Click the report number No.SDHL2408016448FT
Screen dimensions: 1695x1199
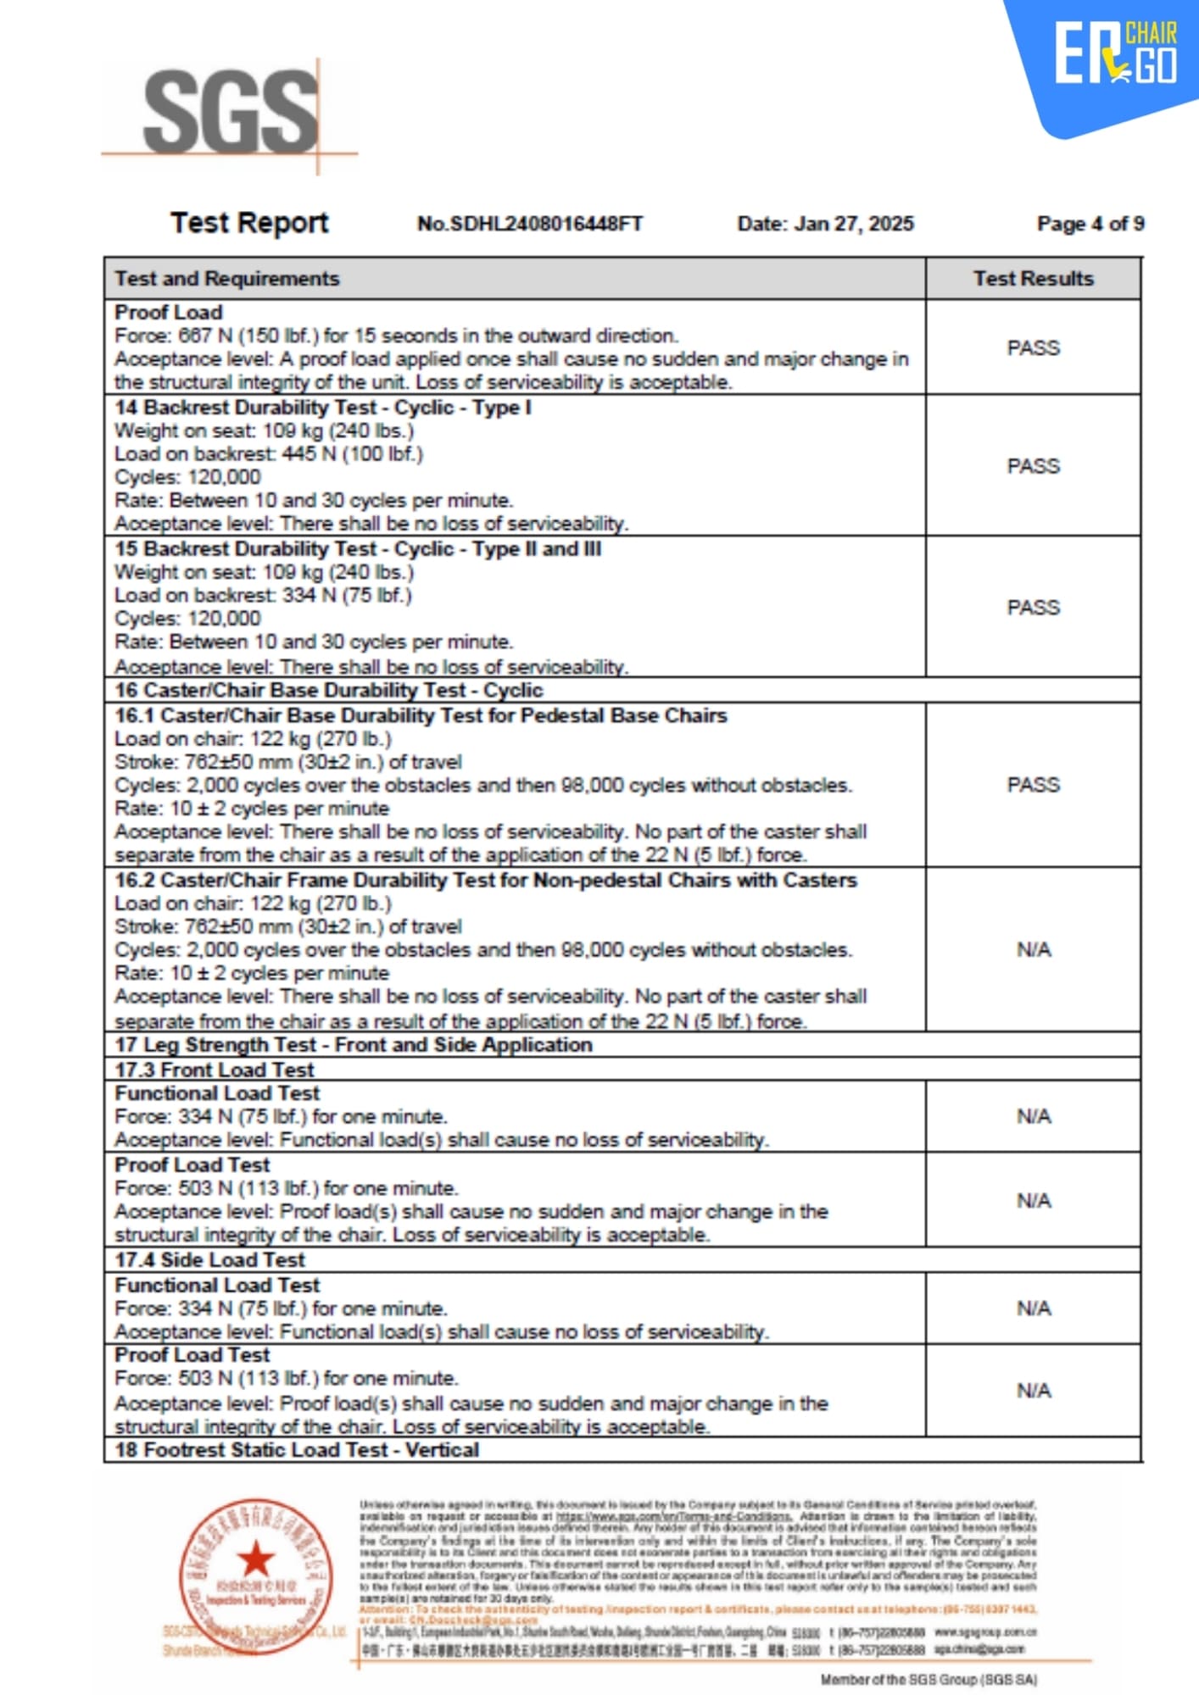(x=530, y=224)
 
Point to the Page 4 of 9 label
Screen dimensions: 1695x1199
(x=1090, y=224)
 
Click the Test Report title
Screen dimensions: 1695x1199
(x=248, y=222)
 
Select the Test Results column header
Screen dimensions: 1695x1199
(x=1033, y=279)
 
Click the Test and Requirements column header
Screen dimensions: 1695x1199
(x=227, y=279)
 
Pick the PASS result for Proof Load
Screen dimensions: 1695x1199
(x=1033, y=348)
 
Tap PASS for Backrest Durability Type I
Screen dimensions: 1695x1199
(x=1033, y=466)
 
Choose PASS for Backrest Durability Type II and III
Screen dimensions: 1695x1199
(x=1033, y=608)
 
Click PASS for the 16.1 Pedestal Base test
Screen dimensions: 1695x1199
(x=1033, y=785)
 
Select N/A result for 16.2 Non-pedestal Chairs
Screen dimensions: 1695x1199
(x=1033, y=950)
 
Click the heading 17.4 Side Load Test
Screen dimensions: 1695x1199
(x=209, y=1259)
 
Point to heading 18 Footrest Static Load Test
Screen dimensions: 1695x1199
(x=297, y=1450)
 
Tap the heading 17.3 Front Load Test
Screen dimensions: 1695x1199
(x=214, y=1070)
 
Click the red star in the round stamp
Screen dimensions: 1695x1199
(x=255, y=1559)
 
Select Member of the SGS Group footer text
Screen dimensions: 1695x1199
(x=929, y=1679)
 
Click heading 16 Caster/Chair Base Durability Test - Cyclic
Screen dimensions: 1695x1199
(x=329, y=690)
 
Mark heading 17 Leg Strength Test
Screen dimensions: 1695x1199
(x=354, y=1045)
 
